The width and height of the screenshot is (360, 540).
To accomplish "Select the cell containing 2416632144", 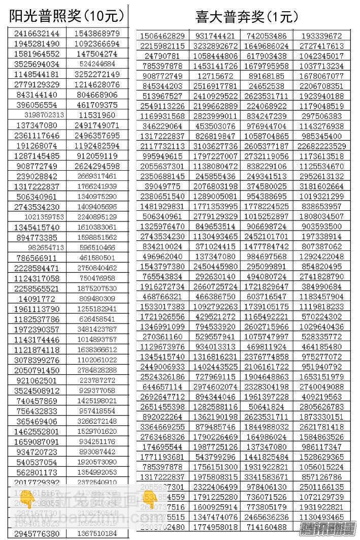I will pos(37,34).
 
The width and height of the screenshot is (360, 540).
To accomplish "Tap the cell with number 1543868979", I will pos(97,34).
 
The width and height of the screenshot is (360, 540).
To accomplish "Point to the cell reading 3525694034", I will pos(37,64).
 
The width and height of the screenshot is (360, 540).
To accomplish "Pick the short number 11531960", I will pos(97,115).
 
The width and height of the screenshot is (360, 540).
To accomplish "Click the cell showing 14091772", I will pos(37,299).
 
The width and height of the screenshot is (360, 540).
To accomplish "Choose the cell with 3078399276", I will pos(37,360).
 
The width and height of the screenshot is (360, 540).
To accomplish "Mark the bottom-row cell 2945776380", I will pos(37,534).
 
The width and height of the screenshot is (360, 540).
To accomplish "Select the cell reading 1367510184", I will pos(97,534).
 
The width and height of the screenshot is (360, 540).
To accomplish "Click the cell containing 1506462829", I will pos(162,36).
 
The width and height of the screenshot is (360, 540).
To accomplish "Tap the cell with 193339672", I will pos(321,36).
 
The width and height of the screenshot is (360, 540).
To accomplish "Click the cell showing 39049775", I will pos(162,186).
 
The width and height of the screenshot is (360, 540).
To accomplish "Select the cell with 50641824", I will pos(267,407).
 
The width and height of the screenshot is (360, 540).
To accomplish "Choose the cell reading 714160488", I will pos(267,527).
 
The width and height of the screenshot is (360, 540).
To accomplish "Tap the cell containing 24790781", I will pos(162,56).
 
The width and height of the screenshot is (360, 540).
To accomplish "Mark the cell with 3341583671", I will pos(267,477).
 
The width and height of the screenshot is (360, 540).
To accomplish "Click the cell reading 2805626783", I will pos(321,407).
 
